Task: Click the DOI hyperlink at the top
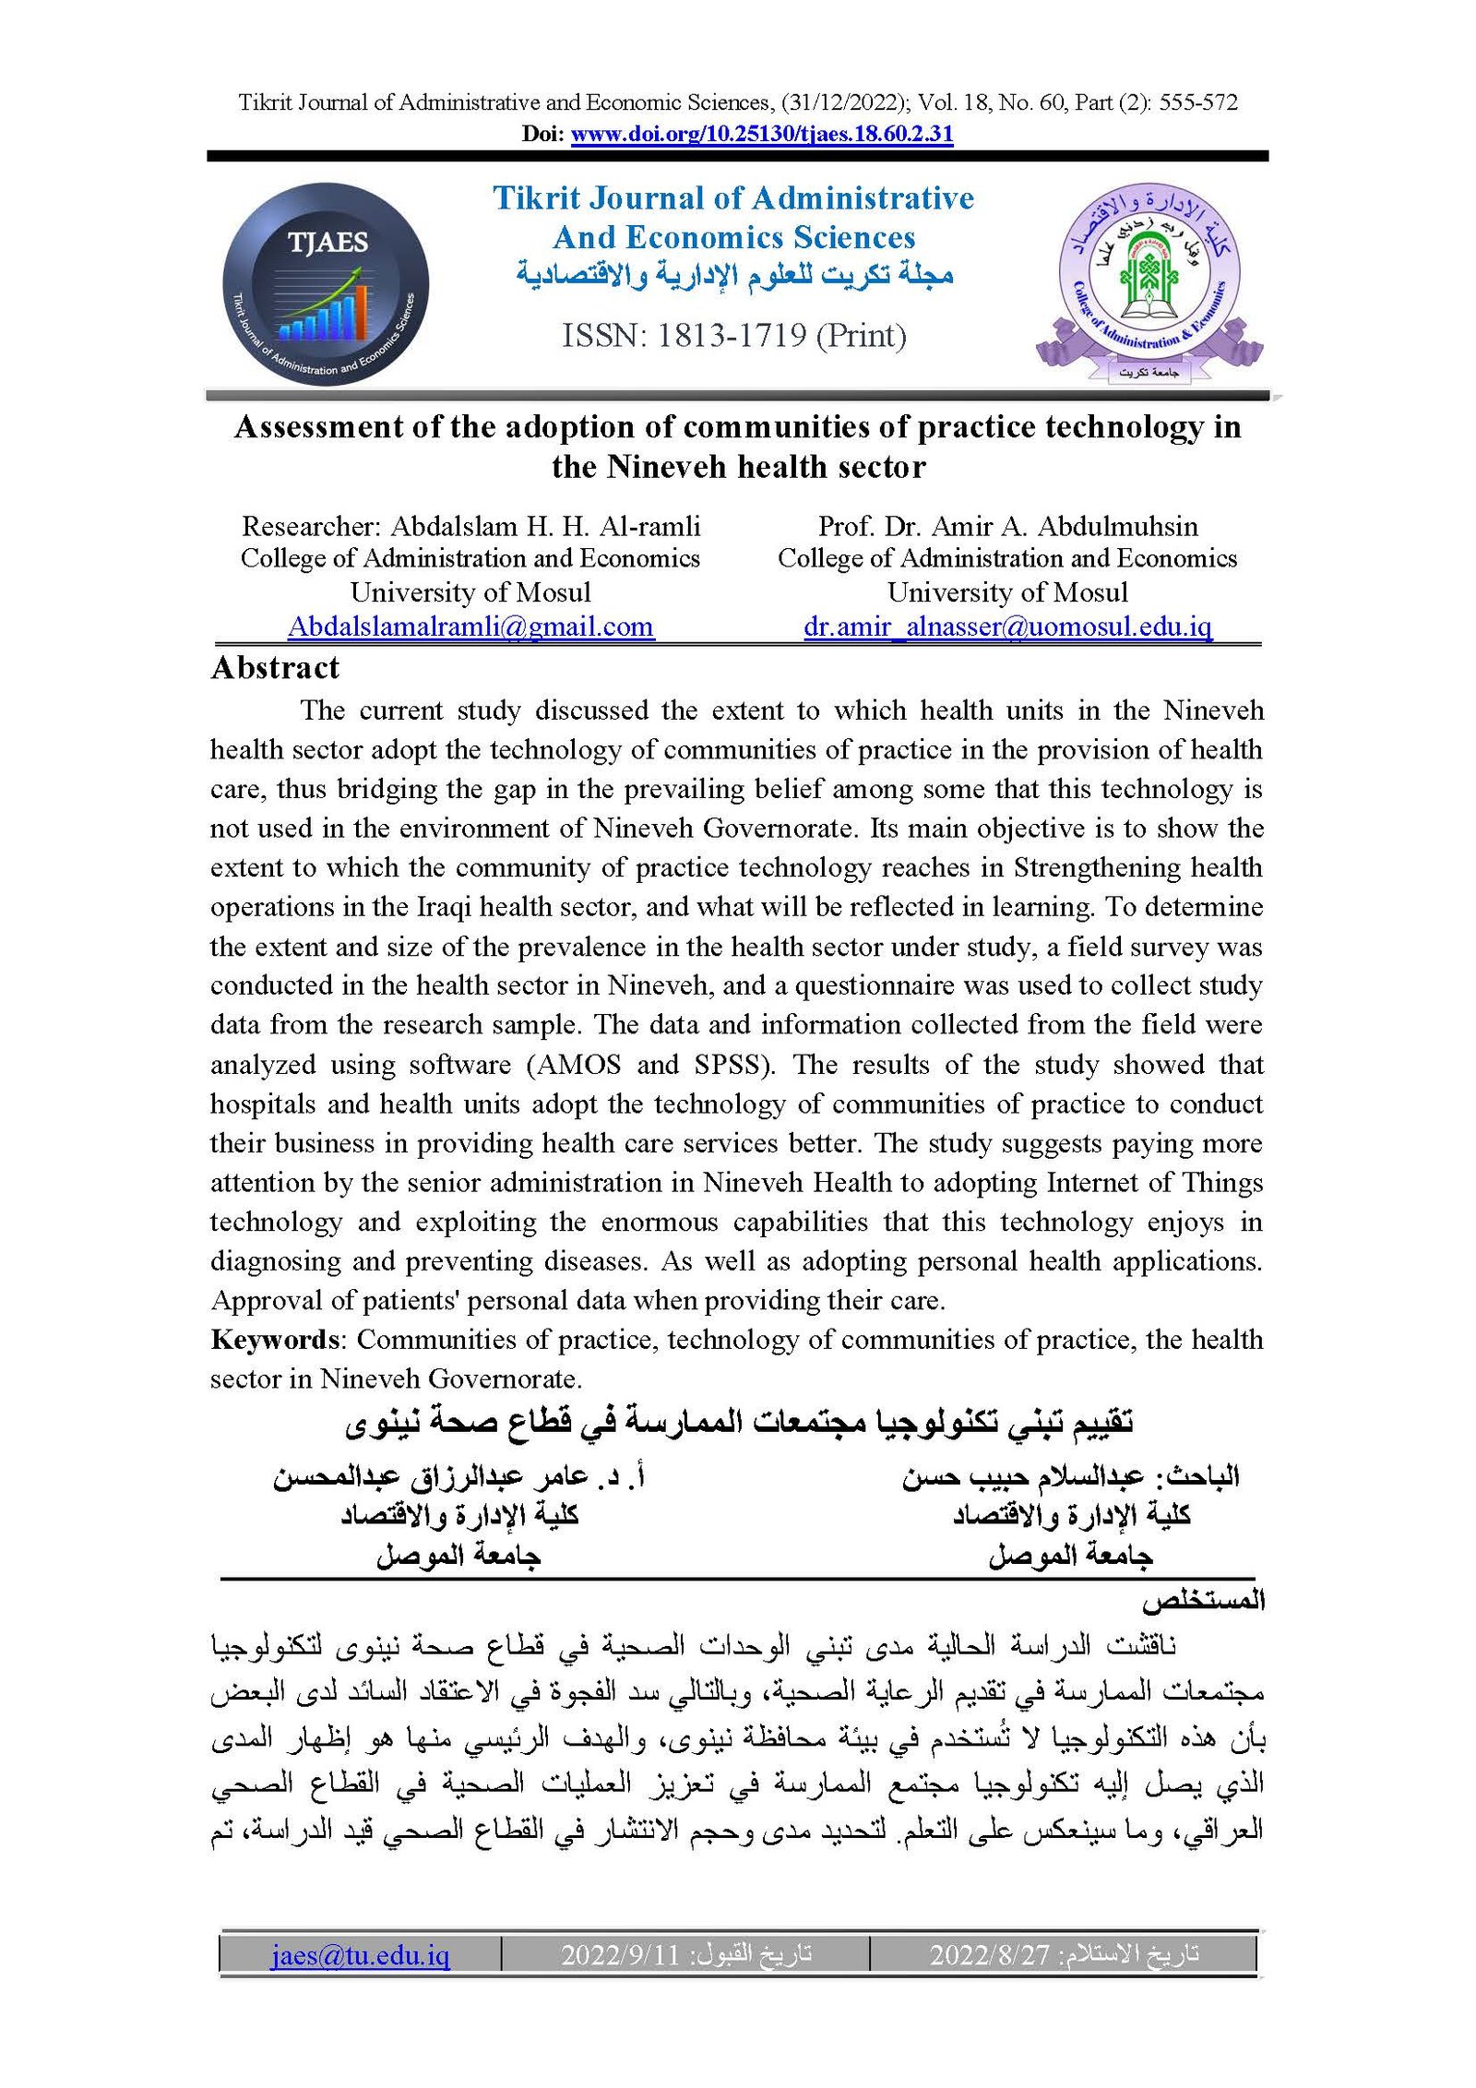[761, 134]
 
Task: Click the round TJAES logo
[326, 284]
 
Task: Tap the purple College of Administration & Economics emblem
[1149, 281]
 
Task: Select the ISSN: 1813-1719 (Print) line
[734, 336]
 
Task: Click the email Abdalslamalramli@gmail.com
[470, 626]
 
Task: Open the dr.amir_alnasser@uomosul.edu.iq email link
[1007, 626]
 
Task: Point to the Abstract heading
[275, 668]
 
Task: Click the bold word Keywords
[274, 1340]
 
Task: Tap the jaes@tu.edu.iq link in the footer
[360, 1954]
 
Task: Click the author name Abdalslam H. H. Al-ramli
[545, 527]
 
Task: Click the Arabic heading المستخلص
[1203, 1602]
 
